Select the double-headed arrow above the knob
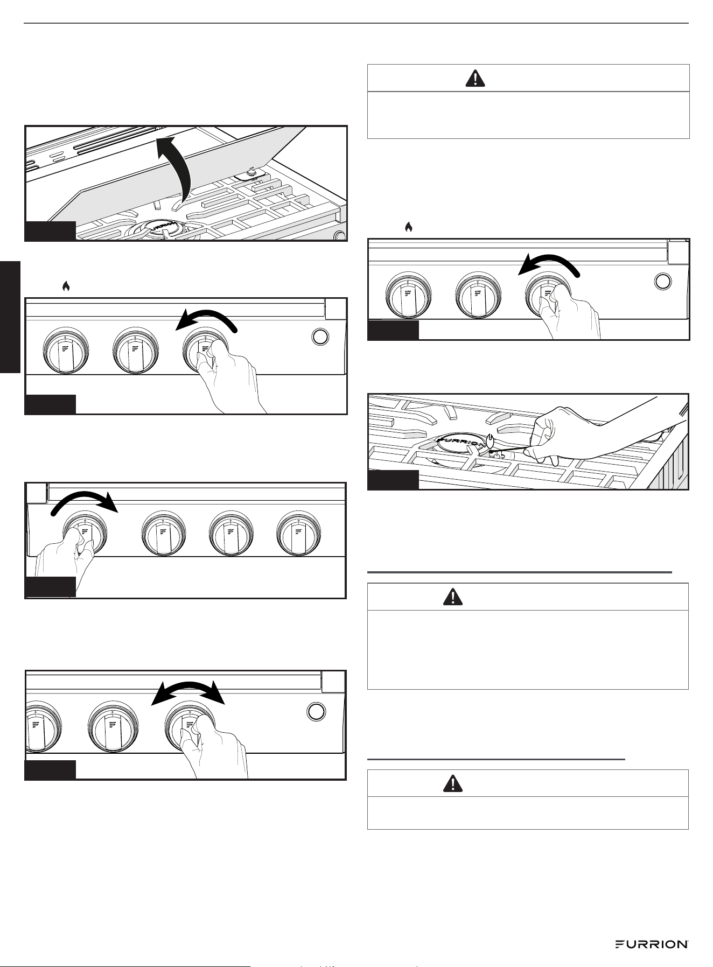point(187,692)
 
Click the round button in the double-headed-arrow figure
point(316,712)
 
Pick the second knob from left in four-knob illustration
point(164,534)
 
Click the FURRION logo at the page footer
point(652,944)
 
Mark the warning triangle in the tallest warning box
point(453,597)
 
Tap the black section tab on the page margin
point(10,317)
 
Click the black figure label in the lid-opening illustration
point(50,230)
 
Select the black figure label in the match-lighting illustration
point(393,479)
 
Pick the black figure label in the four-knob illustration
point(50,586)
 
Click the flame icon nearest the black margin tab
point(66,286)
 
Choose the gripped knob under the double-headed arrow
point(188,725)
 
